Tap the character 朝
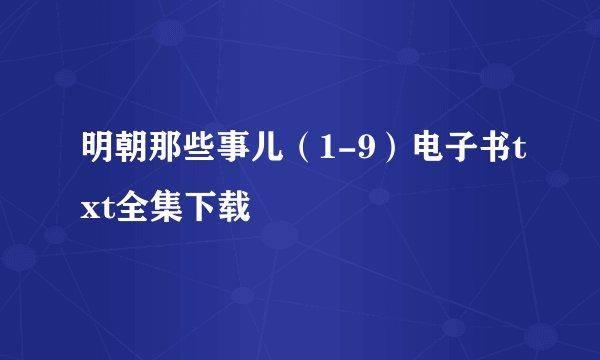128,155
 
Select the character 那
159,155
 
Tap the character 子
436,155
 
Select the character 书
467,155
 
